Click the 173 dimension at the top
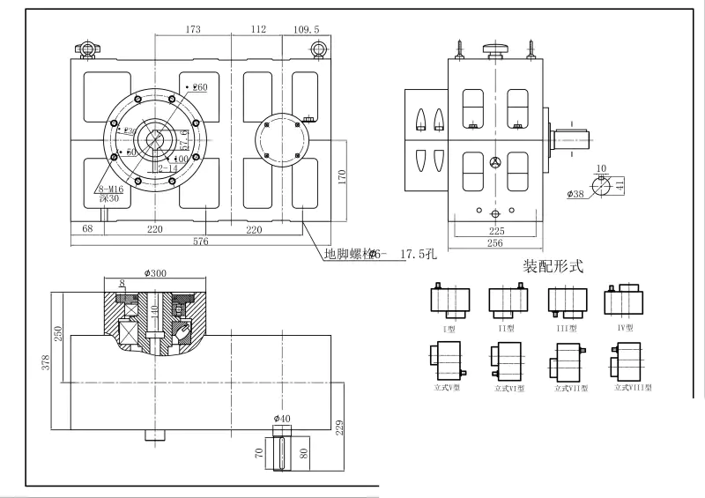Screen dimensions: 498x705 pyautogui.click(x=193, y=29)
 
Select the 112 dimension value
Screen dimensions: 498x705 pyautogui.click(x=257, y=29)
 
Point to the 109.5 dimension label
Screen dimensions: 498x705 pyautogui.click(x=305, y=29)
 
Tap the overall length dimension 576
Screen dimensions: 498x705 pyautogui.click(x=201, y=242)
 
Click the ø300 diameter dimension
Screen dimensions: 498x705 pyautogui.click(x=154, y=273)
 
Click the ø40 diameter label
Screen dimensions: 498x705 pyautogui.click(x=282, y=417)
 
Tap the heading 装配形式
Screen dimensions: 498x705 pyautogui.click(x=553, y=264)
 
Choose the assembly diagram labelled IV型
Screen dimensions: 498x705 pyautogui.click(x=623, y=301)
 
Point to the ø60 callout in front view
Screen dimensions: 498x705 pyautogui.click(x=199, y=87)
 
